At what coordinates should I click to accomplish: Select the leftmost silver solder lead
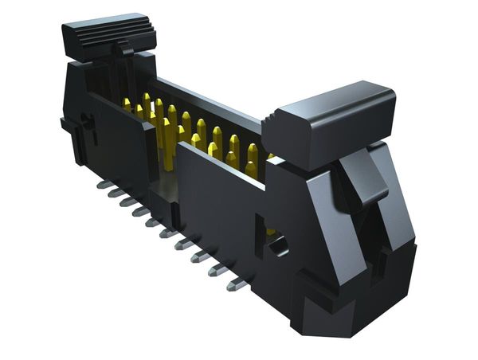(x=102, y=185)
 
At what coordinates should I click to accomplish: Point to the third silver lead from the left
(x=128, y=202)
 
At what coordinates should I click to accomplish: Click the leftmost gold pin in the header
(x=127, y=104)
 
